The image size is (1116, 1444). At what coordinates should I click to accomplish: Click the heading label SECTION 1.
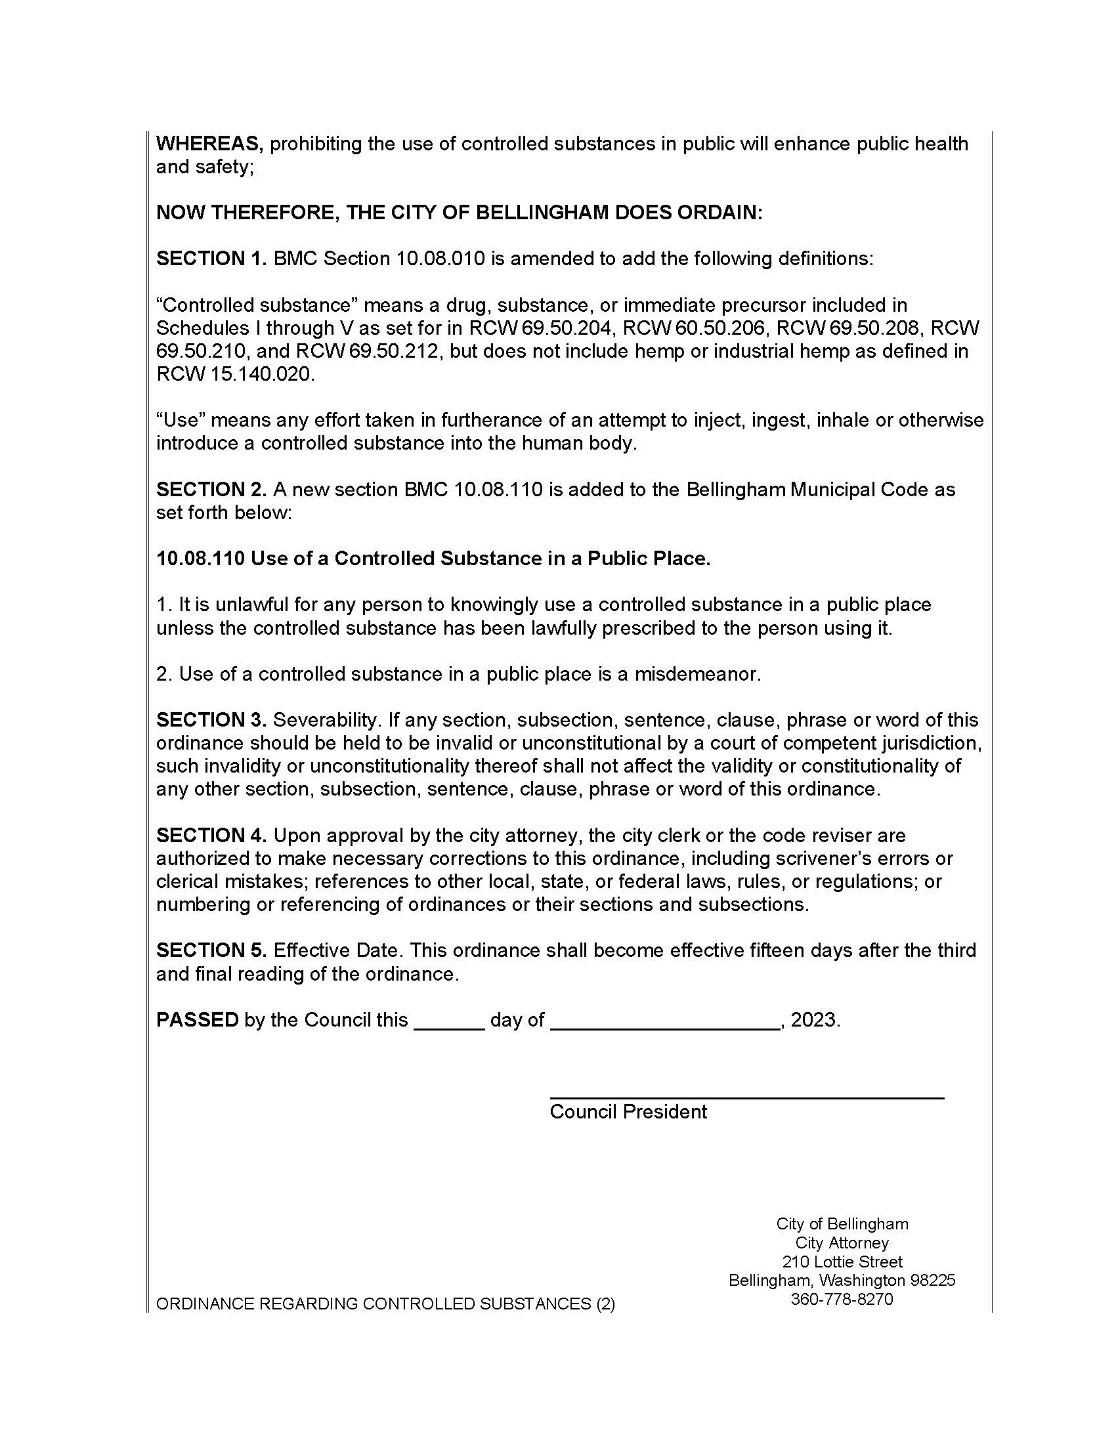211,259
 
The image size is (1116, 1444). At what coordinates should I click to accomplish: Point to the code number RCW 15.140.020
234,374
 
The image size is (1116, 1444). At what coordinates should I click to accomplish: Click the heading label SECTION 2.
211,489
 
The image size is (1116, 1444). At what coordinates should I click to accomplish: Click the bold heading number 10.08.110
200,559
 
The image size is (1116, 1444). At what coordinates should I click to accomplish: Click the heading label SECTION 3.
211,719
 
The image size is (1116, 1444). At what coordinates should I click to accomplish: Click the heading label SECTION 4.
211,835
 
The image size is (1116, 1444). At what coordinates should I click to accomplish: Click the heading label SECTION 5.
211,950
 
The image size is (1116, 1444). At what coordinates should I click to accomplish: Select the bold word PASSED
197,1019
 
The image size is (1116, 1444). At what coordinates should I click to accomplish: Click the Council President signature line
746,1097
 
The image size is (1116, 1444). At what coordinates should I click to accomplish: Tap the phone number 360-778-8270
842,1299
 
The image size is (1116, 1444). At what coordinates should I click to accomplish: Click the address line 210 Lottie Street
842,1262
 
